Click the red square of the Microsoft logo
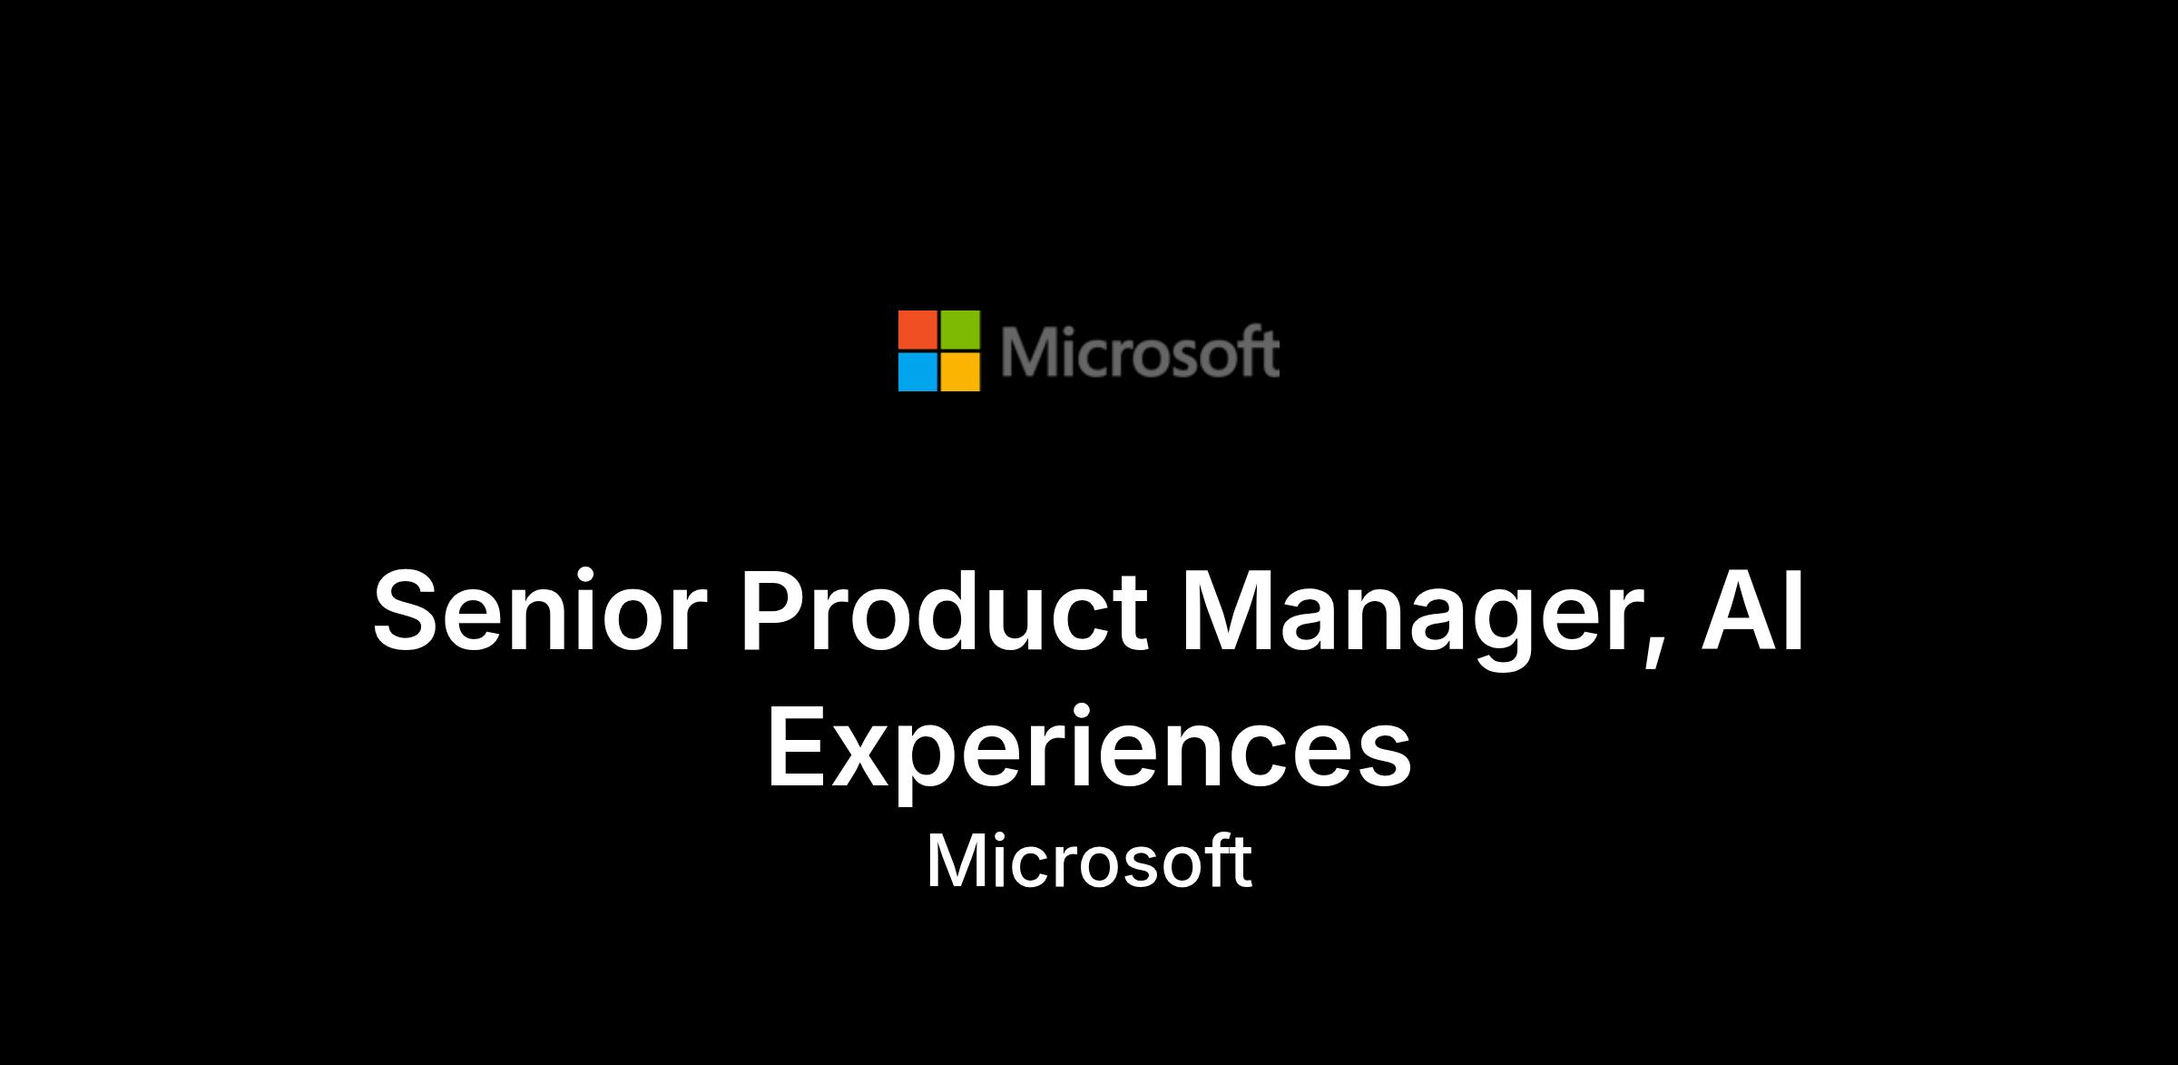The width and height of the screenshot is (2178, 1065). point(917,330)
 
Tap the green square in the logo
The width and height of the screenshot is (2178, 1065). point(960,330)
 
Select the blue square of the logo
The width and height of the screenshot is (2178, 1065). point(917,372)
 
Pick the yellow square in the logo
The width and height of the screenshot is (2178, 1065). point(960,372)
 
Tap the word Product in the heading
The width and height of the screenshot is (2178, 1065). point(945,610)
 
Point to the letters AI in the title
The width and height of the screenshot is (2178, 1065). point(1752,610)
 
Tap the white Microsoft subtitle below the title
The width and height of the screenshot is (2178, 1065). point(1089,861)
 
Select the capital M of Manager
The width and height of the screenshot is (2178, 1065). point(1229,610)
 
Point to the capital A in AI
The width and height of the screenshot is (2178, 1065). point(1739,610)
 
